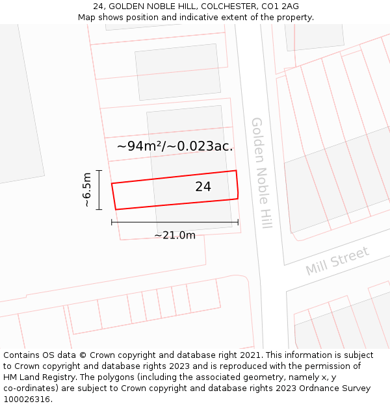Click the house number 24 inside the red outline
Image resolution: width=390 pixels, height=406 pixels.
(x=203, y=187)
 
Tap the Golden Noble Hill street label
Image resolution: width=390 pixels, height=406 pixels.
(x=261, y=173)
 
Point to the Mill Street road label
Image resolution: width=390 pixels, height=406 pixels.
(x=337, y=260)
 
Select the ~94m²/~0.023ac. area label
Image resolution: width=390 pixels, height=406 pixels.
(x=175, y=146)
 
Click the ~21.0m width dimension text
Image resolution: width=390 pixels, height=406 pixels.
(x=175, y=235)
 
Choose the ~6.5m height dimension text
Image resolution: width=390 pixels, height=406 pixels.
(x=86, y=190)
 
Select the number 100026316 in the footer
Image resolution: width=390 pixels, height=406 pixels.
(x=27, y=400)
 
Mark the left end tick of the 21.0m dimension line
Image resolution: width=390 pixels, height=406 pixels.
(x=112, y=222)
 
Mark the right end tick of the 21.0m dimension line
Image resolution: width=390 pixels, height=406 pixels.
(x=238, y=222)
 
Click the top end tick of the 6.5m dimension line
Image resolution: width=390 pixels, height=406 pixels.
(x=99, y=170)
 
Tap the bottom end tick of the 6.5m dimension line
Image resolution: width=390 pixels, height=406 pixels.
(x=99, y=209)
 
